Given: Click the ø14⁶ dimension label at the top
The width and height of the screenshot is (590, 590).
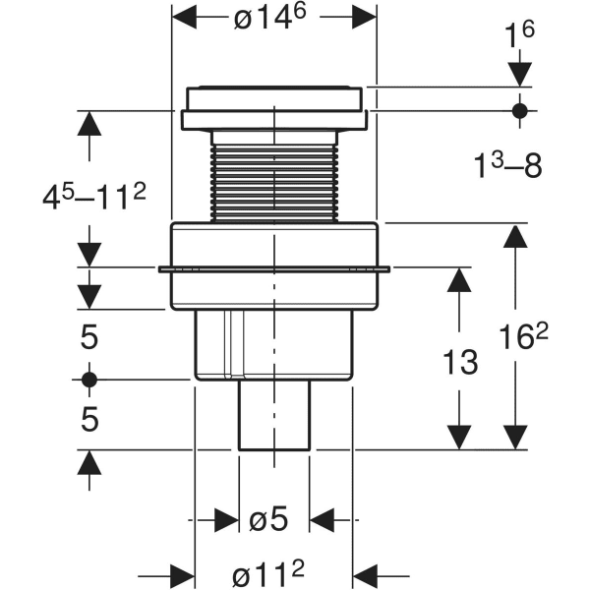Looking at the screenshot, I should pos(273,18).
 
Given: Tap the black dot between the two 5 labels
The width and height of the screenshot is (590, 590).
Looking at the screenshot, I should pos(89,379).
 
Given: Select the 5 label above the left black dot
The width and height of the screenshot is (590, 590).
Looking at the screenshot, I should pos(88,338).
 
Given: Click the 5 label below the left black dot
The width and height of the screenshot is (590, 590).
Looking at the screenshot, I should pos(88,420).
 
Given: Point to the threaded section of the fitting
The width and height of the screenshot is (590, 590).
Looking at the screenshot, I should pos(274,176).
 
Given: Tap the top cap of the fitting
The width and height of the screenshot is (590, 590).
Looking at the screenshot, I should pos(274,102).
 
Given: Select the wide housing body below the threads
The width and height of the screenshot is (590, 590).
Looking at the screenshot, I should pos(274,265).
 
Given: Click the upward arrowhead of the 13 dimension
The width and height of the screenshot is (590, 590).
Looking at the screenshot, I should pos(455,279).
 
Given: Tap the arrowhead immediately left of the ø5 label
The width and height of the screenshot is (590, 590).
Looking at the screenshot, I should pos(227,519).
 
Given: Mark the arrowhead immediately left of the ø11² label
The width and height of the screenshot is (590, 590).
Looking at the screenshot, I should pos(182,572).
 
